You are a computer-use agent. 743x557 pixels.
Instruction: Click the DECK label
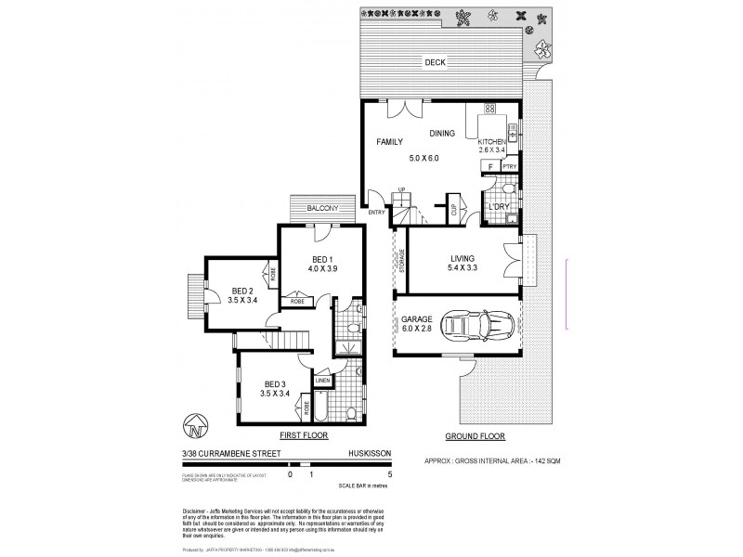(435, 63)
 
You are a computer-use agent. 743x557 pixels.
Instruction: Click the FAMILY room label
(390, 142)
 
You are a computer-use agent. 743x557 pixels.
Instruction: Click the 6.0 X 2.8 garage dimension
(419, 329)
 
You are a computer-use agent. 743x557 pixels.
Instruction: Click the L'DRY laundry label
(502, 207)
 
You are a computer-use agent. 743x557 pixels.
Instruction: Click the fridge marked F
(489, 167)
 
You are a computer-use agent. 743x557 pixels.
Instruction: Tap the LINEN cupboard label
(322, 380)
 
